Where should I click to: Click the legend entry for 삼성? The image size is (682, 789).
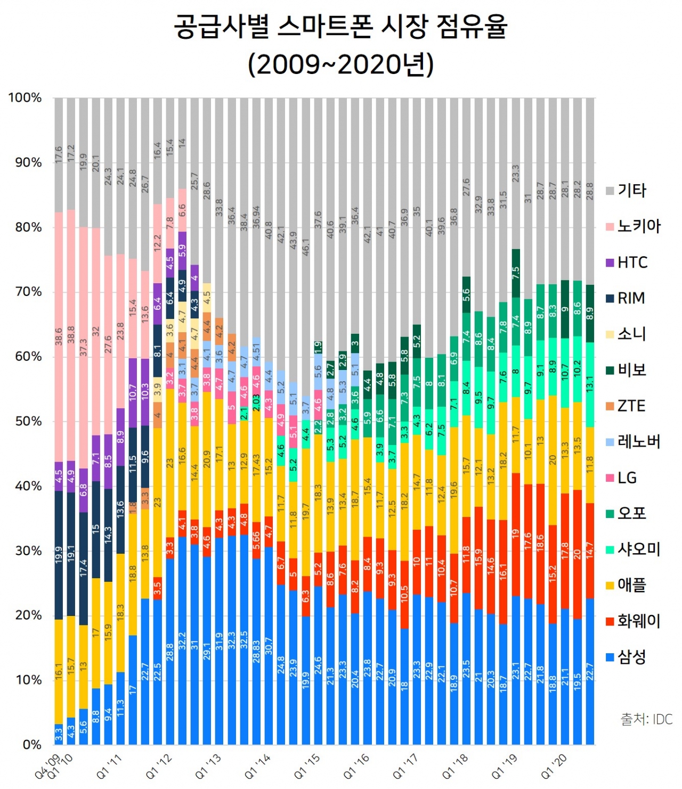[x=632, y=657]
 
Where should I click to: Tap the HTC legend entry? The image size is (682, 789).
[x=632, y=262]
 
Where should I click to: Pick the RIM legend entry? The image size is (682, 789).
[x=631, y=298]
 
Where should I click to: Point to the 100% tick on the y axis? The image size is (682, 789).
[x=25, y=98]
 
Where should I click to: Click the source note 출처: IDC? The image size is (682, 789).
[x=646, y=719]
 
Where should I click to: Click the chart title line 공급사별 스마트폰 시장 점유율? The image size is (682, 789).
[x=340, y=27]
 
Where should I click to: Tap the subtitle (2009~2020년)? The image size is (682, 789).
[x=340, y=64]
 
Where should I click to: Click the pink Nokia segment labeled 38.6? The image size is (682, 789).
[x=59, y=336]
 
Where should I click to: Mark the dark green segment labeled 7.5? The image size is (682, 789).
[x=516, y=273]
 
